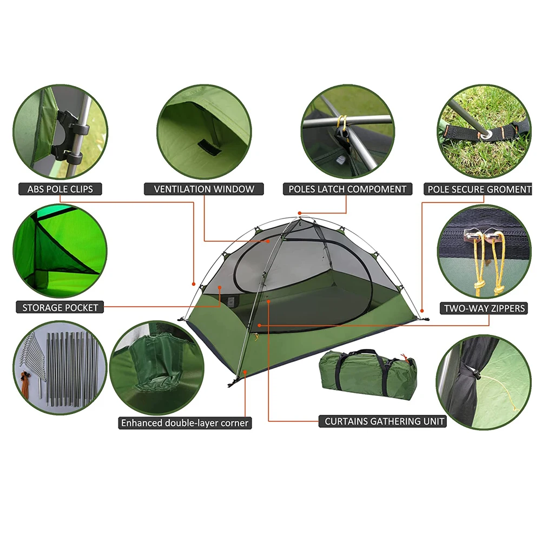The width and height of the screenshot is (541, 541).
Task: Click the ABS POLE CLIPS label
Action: [60, 189]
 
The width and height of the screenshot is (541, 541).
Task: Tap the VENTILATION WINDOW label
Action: [204, 189]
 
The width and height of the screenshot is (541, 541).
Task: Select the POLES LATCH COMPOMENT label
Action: [347, 189]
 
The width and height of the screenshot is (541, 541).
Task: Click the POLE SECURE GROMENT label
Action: [479, 189]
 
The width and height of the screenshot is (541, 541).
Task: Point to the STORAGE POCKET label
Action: [60, 308]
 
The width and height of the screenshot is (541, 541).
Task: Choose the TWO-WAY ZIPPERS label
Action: [484, 308]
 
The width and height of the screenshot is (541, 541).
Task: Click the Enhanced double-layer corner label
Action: [185, 423]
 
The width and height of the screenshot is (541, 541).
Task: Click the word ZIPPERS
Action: [504, 308]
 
